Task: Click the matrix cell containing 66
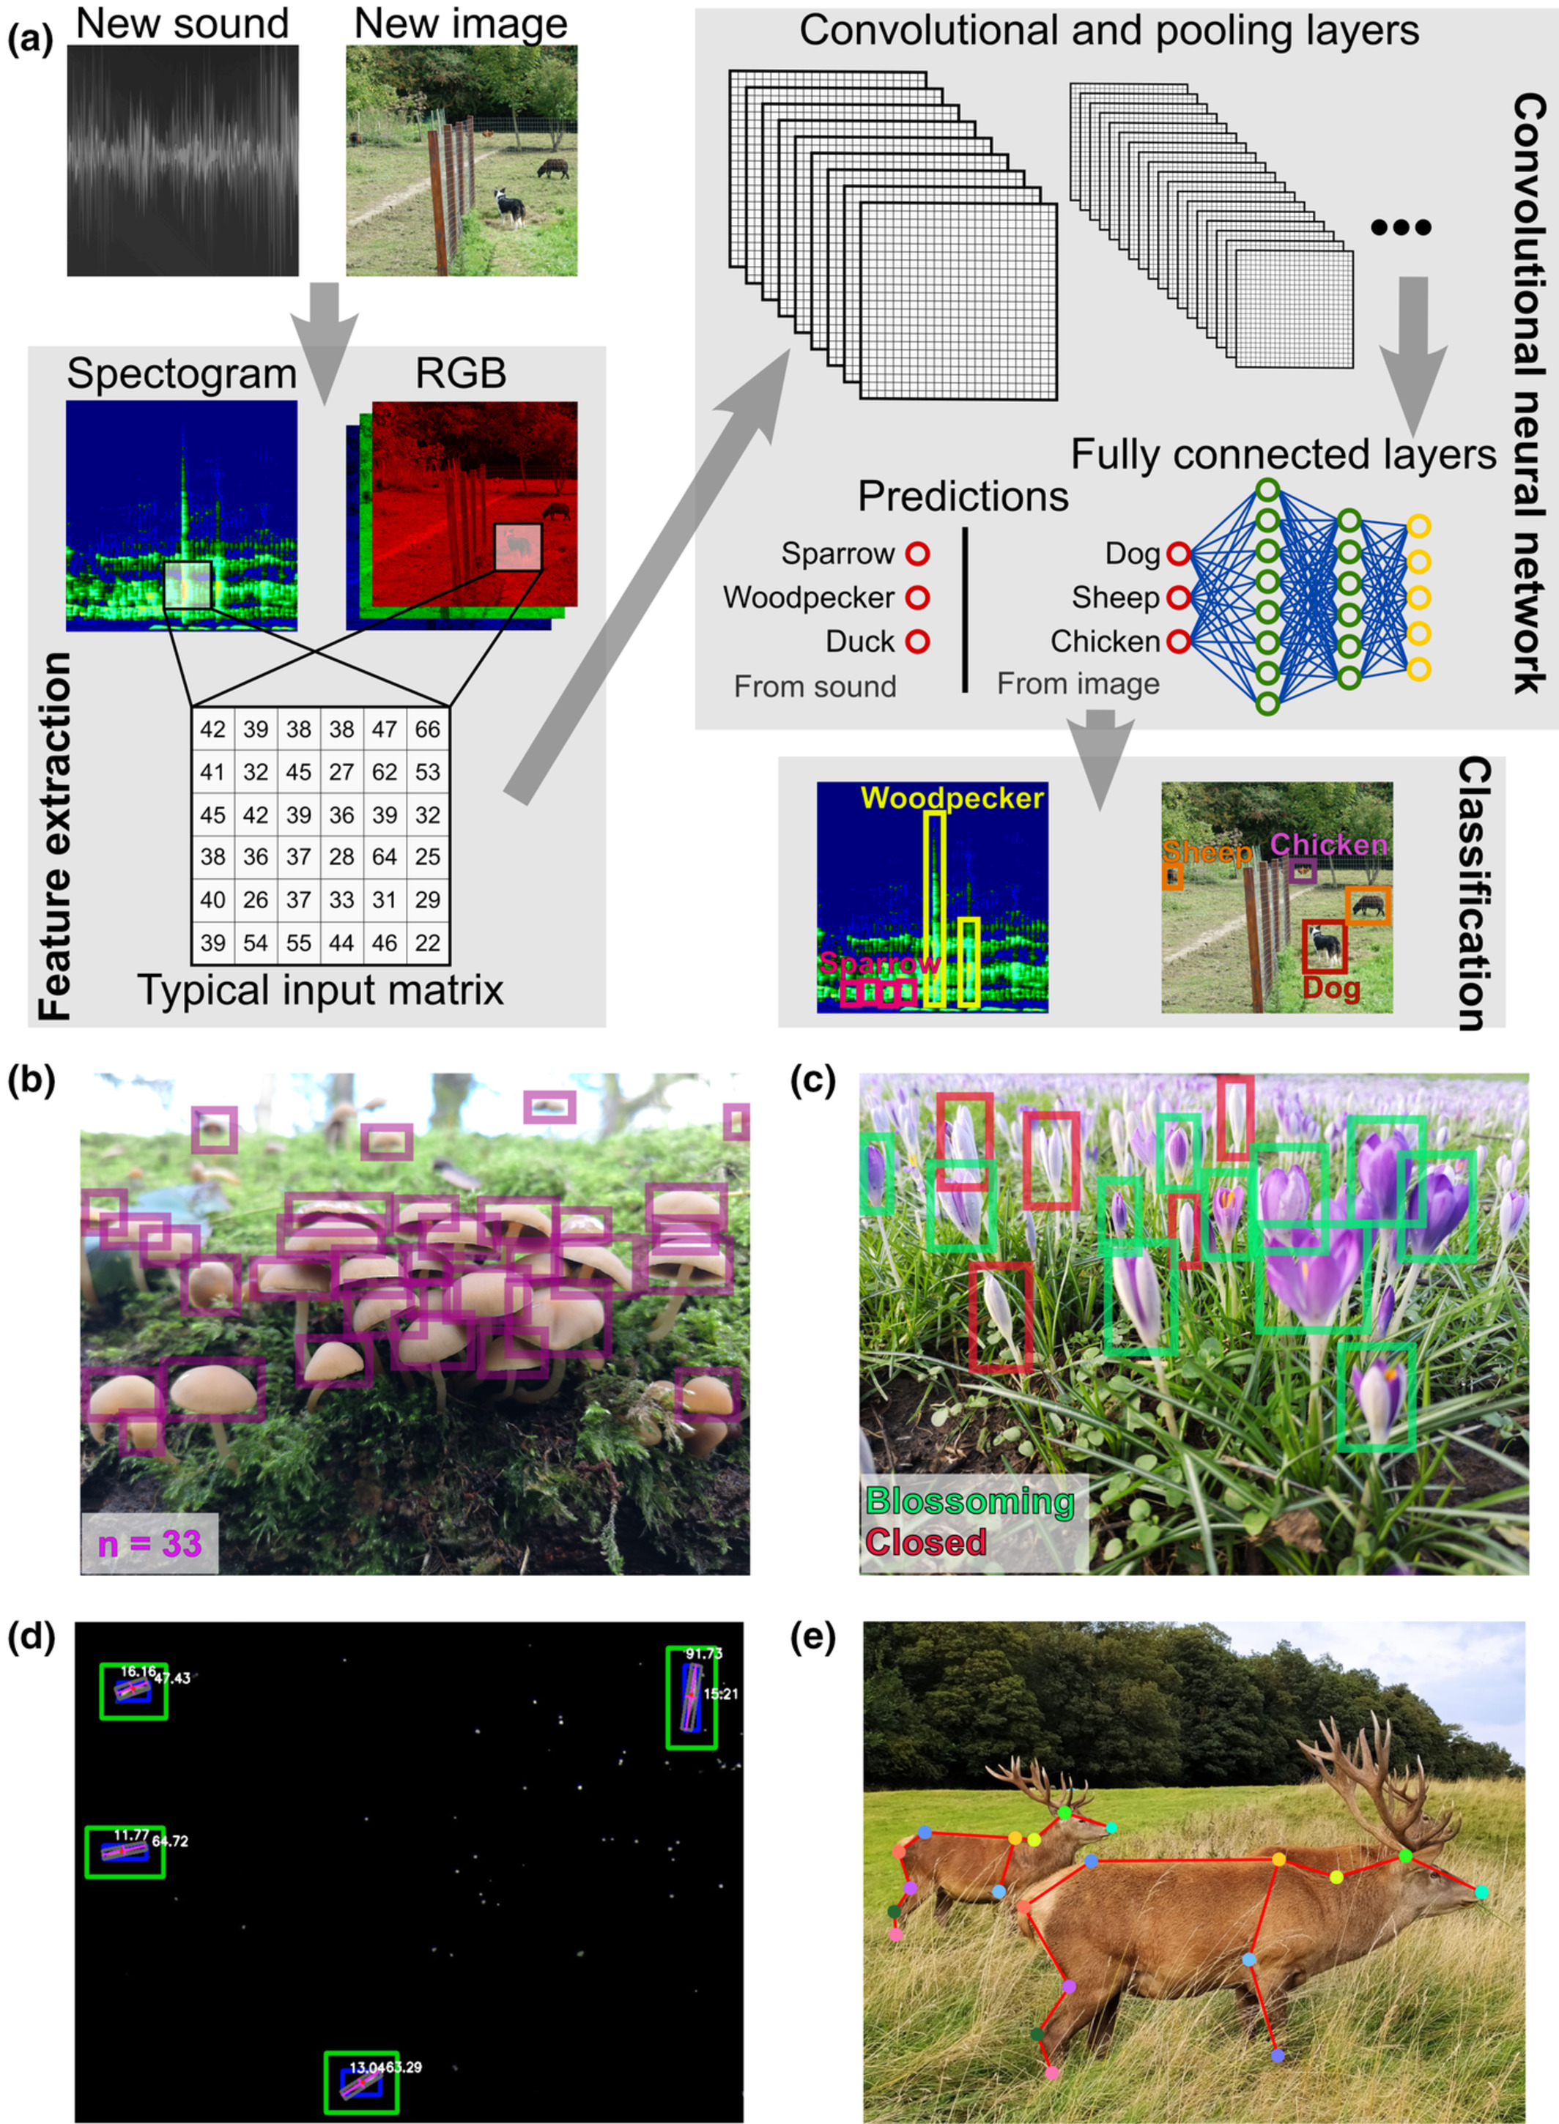[x=428, y=729]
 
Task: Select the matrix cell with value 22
[x=428, y=943]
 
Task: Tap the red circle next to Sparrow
[x=917, y=554]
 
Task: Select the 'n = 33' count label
[x=150, y=1542]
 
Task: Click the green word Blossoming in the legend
[x=970, y=1500]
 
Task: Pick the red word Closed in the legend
[x=926, y=1542]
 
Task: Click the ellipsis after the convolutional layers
[x=1401, y=227]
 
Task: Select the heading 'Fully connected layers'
[x=1284, y=455]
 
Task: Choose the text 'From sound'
[x=815, y=686]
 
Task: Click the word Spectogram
[x=181, y=374]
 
